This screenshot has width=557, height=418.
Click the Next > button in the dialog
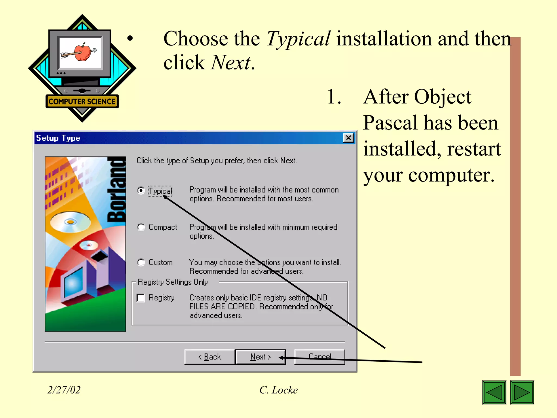coord(260,357)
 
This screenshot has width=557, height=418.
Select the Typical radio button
coord(141,190)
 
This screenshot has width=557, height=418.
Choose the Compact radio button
coord(141,227)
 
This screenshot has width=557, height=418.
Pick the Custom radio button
coord(141,262)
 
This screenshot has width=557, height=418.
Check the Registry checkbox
coord(141,298)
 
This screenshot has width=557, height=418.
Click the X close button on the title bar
coord(348,138)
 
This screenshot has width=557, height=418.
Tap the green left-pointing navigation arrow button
coord(494,392)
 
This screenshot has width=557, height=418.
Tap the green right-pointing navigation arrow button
coord(522,392)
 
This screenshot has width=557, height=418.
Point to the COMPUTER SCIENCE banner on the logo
coord(82,102)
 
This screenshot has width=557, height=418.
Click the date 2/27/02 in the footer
coord(64,390)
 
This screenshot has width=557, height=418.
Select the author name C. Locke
coord(278,390)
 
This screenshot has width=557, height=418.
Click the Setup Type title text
coord(58,138)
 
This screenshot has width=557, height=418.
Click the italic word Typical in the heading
coord(298,39)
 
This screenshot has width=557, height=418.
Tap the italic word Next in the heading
coord(231,63)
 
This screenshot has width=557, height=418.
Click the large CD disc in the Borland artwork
coord(70,222)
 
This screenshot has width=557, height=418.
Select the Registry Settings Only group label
coord(173,282)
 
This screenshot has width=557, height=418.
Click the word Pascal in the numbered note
coord(391,123)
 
